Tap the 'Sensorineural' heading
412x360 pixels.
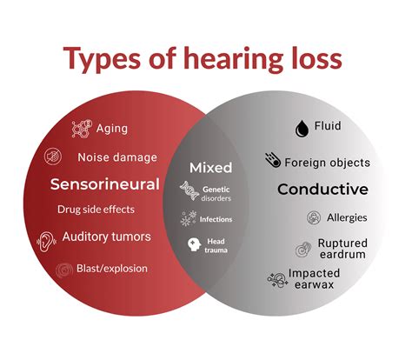[x=104, y=184]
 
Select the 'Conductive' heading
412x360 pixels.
[x=322, y=189]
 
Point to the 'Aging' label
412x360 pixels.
[x=111, y=129]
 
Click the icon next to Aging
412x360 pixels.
[x=82, y=130]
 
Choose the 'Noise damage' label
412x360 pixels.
[x=116, y=157]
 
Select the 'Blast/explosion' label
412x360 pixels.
[x=111, y=269]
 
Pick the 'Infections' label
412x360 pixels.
[x=216, y=219]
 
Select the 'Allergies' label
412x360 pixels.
[x=347, y=217]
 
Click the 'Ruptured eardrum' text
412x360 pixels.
[x=342, y=250]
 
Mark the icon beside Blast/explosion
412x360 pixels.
[x=63, y=270]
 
